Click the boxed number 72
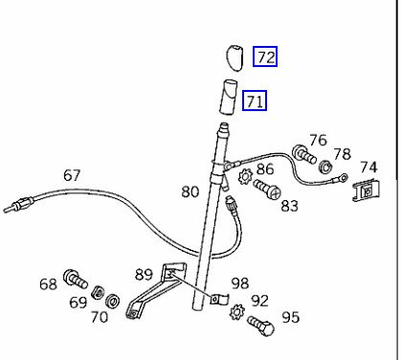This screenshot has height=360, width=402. (x=265, y=56)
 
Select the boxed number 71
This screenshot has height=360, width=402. (x=255, y=101)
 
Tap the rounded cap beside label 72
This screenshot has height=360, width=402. (x=235, y=58)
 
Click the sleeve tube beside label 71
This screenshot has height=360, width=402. (x=229, y=97)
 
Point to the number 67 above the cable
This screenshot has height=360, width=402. (x=72, y=175)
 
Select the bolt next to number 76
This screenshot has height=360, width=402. (x=304, y=154)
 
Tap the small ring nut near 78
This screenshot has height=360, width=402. (x=325, y=167)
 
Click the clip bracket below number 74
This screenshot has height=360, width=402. (x=367, y=191)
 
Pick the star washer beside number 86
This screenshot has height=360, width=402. (x=245, y=176)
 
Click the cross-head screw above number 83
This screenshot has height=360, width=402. (x=267, y=189)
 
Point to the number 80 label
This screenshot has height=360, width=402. (x=190, y=191)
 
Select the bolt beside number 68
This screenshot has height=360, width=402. (x=75, y=279)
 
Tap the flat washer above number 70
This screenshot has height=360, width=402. (x=113, y=301)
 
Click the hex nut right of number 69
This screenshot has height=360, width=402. (x=98, y=292)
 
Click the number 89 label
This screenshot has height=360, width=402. (x=144, y=274)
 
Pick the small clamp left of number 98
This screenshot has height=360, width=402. (x=218, y=299)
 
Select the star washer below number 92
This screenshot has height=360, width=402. (x=237, y=312)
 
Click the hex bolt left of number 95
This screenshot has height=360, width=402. (x=261, y=326)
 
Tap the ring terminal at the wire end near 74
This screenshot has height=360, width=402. (x=344, y=176)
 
